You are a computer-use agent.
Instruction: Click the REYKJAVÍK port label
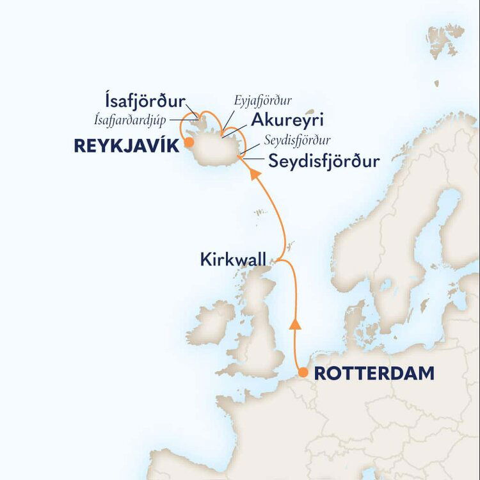click(x=125, y=147)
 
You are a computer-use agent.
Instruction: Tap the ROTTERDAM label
click(x=374, y=374)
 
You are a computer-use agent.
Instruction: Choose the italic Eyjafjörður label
click(x=263, y=100)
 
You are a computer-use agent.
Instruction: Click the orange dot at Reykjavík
click(x=188, y=144)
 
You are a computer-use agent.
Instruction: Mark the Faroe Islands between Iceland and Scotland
click(x=259, y=212)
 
